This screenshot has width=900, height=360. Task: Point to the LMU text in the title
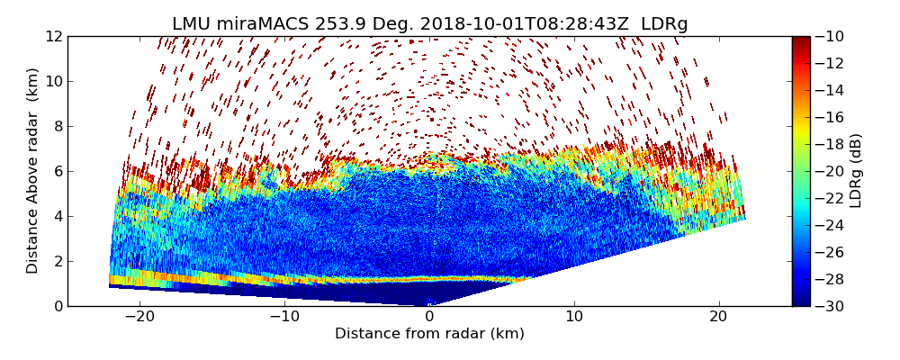click(191, 24)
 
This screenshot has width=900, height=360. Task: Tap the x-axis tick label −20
click(139, 317)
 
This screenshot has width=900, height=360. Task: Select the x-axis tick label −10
click(284, 317)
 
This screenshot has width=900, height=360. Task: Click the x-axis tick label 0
click(429, 317)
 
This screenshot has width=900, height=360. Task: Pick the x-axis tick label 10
click(574, 317)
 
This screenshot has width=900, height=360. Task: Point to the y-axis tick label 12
click(53, 36)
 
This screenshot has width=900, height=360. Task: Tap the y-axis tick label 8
click(57, 126)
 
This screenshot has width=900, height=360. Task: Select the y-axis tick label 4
click(57, 216)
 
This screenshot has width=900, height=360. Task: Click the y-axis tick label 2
click(57, 261)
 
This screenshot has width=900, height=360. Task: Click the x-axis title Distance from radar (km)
click(429, 334)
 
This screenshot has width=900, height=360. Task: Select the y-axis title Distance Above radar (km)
click(33, 170)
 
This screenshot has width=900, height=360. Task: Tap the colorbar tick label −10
click(831, 36)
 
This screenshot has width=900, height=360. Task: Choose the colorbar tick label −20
click(831, 171)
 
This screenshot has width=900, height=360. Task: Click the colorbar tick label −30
click(831, 306)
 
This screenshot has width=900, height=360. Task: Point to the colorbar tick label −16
click(831, 117)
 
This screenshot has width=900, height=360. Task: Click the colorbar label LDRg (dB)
click(856, 170)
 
